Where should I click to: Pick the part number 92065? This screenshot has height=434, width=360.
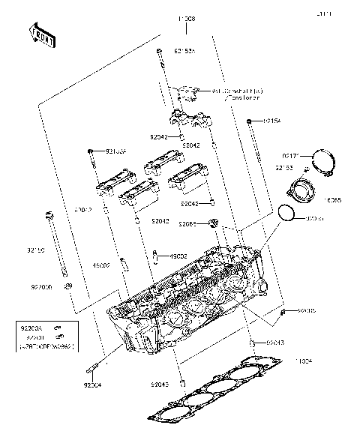pos(187,223)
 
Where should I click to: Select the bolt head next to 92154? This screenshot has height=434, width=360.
pos(249,121)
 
